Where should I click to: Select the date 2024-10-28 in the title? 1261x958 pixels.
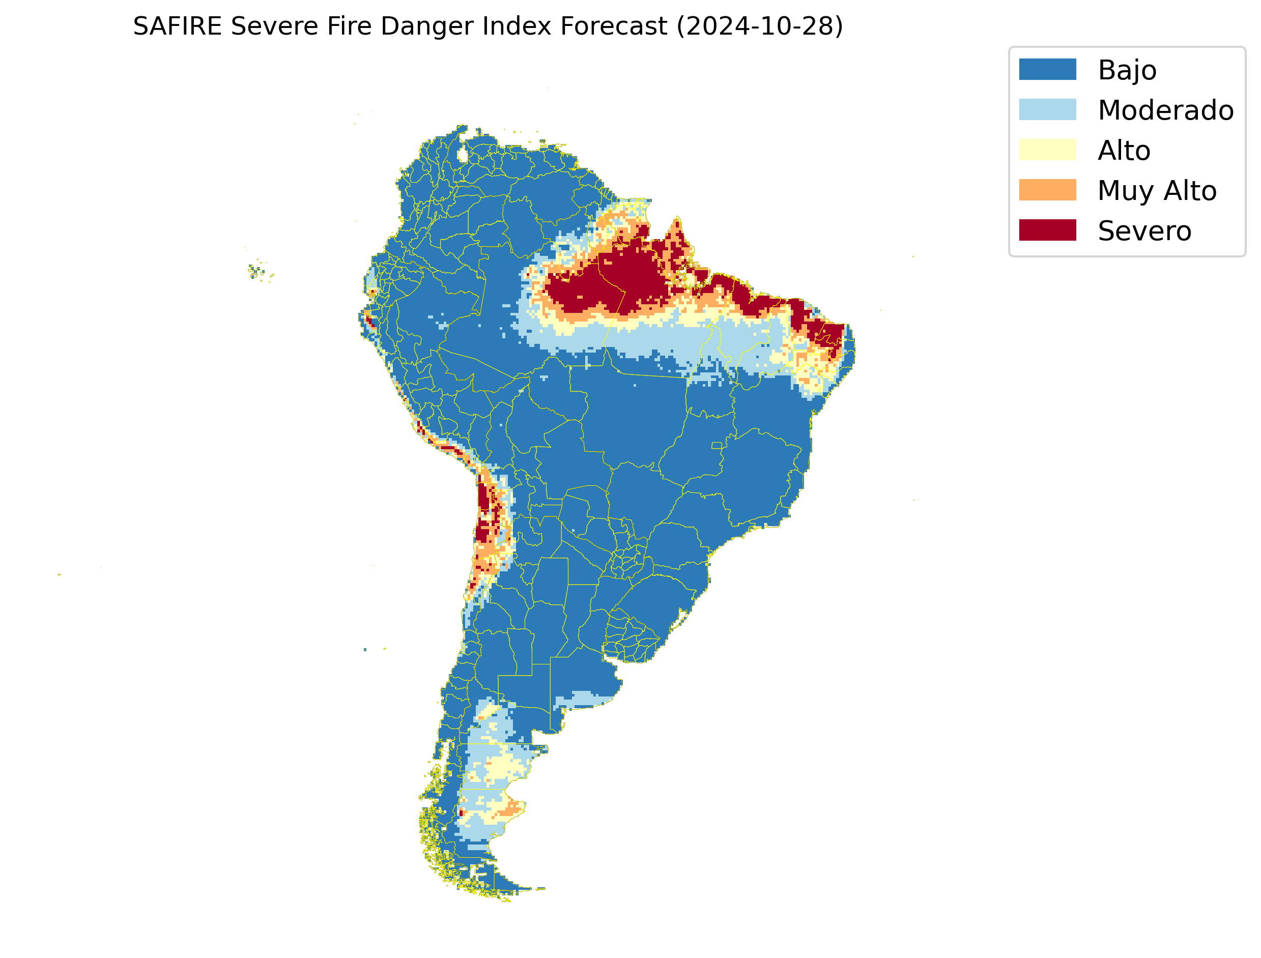click(x=760, y=26)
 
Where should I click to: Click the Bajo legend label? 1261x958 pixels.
click(x=1127, y=70)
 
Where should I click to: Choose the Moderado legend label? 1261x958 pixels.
click(x=1165, y=110)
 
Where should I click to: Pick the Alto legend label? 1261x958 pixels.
click(x=1124, y=151)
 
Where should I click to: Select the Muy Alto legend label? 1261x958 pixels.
click(x=1157, y=190)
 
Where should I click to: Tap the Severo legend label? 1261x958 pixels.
click(x=1144, y=231)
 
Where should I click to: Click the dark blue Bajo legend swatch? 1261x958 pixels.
click(x=1047, y=70)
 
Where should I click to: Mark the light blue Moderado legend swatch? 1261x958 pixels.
click(x=1047, y=109)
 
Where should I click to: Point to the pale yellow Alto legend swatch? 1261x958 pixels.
click(x=1047, y=150)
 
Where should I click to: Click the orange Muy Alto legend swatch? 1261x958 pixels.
click(x=1047, y=190)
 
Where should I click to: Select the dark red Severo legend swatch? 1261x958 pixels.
click(x=1047, y=230)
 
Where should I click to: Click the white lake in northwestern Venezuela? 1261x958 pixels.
click(x=463, y=155)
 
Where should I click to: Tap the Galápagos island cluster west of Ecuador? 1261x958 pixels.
click(x=258, y=272)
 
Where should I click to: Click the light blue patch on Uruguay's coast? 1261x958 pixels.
click(x=587, y=699)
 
